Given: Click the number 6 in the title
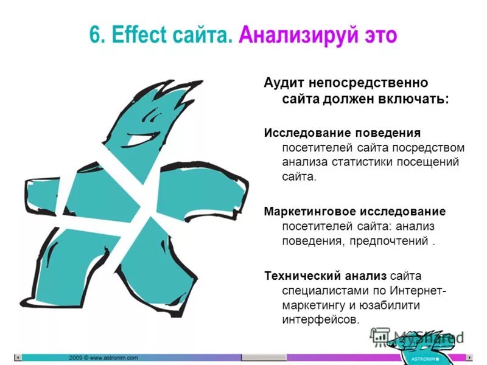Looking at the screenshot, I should click(x=95, y=35).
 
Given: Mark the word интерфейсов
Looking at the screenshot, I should click(x=321, y=319).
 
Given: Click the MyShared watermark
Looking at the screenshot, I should click(x=420, y=336).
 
